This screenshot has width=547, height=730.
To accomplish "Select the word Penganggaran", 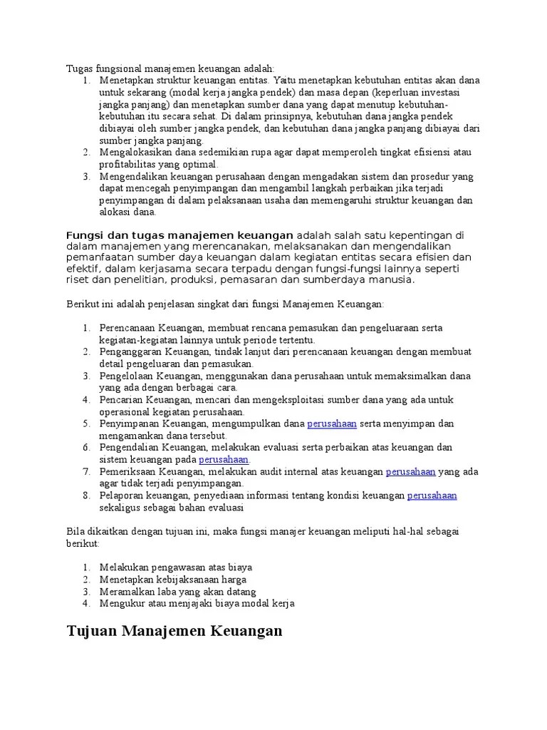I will [131, 351].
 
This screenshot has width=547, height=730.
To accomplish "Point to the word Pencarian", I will [121, 399].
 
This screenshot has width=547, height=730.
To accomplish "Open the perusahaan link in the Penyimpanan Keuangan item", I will [332, 423].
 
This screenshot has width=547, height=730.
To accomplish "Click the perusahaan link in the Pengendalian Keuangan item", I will [223, 459].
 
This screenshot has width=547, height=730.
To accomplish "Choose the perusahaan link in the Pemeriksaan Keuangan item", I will [410, 471].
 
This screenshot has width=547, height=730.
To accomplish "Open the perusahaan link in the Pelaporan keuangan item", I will [432, 495].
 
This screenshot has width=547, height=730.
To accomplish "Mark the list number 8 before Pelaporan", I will [85, 495].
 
